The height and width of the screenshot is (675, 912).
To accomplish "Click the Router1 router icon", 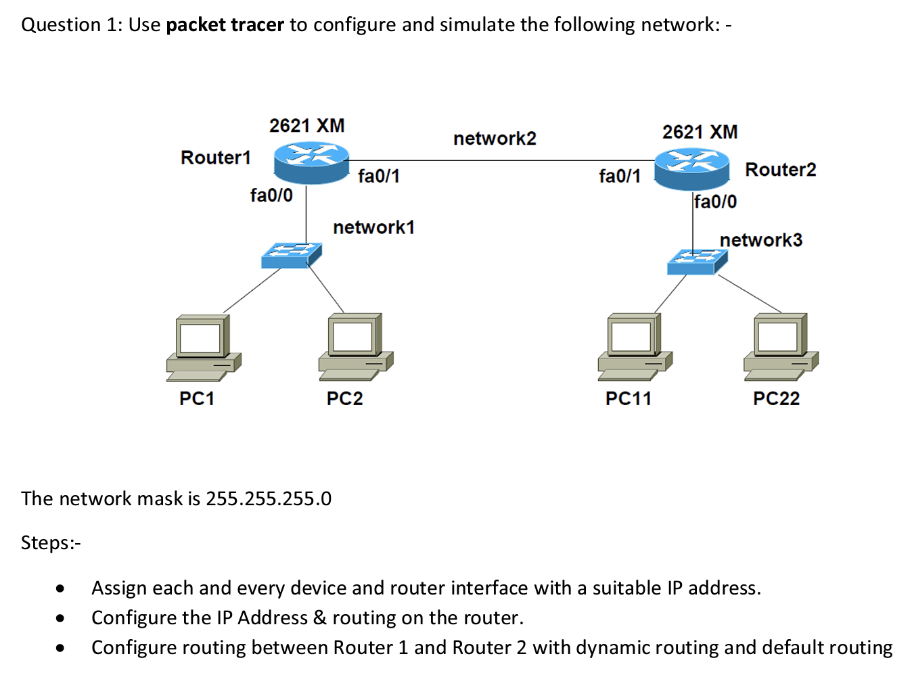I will (x=311, y=162).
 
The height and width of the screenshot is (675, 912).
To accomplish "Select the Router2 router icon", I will (x=692, y=168).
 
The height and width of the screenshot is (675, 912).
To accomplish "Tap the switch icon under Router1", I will (x=292, y=256).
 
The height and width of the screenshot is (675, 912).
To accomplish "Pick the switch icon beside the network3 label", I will (x=697, y=262).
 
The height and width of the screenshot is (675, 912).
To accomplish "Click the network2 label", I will (x=495, y=139).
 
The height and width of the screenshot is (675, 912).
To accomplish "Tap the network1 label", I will (x=373, y=227).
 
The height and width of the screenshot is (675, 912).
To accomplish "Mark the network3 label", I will (x=760, y=240).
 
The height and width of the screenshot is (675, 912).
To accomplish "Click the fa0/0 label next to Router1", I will (x=271, y=195).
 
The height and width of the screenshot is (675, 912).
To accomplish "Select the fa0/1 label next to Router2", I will (x=619, y=177).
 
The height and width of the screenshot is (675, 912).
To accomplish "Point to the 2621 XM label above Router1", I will (x=306, y=126).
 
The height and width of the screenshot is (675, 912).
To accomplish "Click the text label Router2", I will (x=780, y=170).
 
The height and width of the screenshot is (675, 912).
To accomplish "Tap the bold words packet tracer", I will (x=225, y=25).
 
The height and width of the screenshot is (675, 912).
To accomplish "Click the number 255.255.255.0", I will (x=269, y=499).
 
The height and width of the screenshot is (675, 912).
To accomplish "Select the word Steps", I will (x=47, y=543).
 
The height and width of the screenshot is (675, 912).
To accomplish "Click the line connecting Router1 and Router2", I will (x=501, y=161).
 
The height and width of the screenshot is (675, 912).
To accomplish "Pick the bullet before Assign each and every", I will (x=61, y=588).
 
